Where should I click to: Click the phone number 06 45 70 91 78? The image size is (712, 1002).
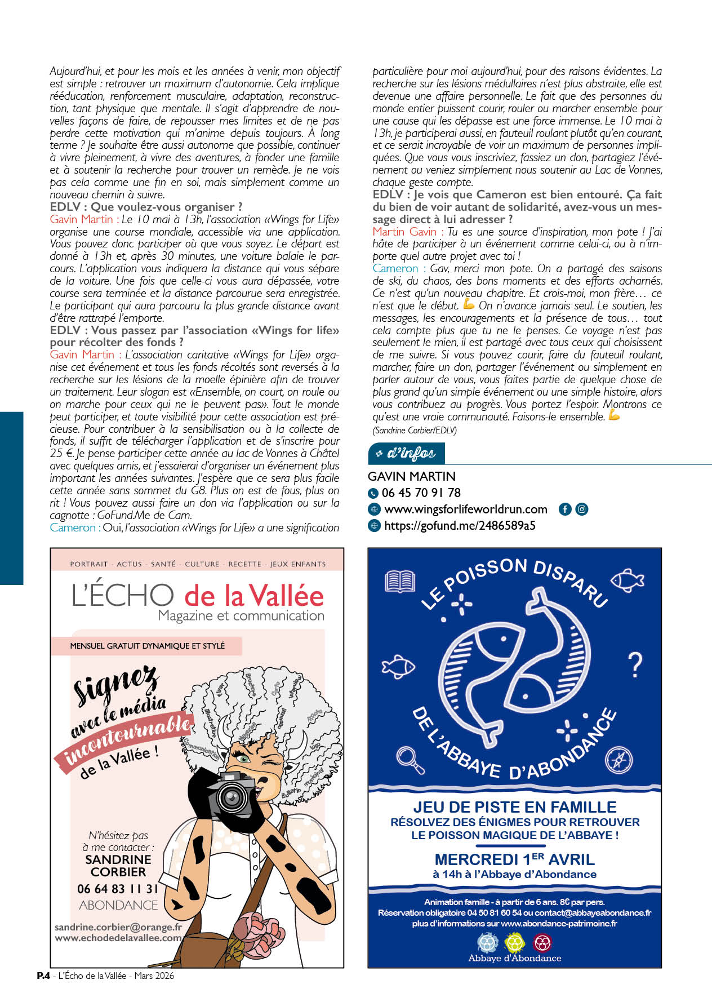click(421, 493)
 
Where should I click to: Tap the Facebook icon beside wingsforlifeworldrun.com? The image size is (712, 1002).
click(565, 509)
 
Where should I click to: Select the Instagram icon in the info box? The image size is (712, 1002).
click(582, 509)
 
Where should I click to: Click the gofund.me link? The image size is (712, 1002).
click(459, 526)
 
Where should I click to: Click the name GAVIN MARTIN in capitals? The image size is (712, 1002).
click(412, 476)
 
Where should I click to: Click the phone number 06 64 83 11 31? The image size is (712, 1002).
click(118, 889)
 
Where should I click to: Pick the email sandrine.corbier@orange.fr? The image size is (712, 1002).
click(118, 927)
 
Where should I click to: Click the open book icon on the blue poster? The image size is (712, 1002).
click(400, 581)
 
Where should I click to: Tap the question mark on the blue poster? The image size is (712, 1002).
click(635, 665)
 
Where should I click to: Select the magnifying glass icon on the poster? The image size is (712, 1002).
click(410, 759)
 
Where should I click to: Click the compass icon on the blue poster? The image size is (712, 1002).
click(618, 759)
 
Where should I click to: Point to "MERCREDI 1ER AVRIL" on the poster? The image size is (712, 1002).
click(514, 859)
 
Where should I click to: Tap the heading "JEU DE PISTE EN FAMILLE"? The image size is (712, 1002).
click(514, 807)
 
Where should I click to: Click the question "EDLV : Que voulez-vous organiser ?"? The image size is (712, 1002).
click(146, 207)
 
